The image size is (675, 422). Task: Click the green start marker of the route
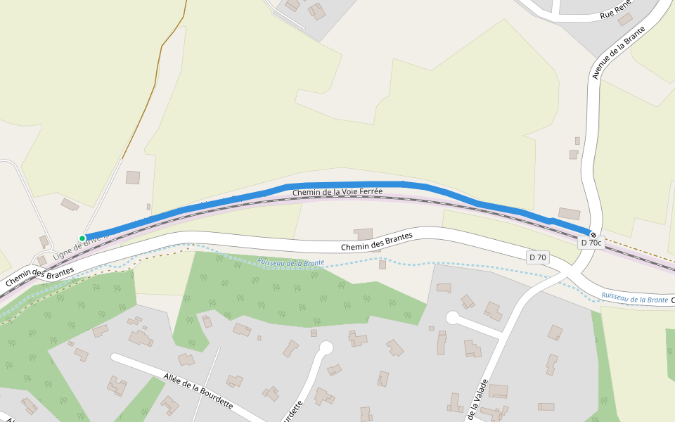point(82,238)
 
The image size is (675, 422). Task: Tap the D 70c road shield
point(591,243)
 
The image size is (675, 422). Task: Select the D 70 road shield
point(537,257)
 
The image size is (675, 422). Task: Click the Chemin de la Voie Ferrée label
point(337,191)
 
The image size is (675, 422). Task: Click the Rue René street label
point(616,11)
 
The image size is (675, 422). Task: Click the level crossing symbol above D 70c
point(593,234)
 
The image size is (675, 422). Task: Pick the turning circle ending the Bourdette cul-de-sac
point(326,347)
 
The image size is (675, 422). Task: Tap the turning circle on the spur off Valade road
point(452,318)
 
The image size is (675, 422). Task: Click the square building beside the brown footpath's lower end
point(133,177)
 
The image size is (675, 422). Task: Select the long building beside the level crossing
point(569,213)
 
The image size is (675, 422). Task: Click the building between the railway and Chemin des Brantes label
point(364,234)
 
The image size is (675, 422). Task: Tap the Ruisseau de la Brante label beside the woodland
point(290,262)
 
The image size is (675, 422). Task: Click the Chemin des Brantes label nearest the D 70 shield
point(376,241)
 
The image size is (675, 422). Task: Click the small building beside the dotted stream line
point(382,264)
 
